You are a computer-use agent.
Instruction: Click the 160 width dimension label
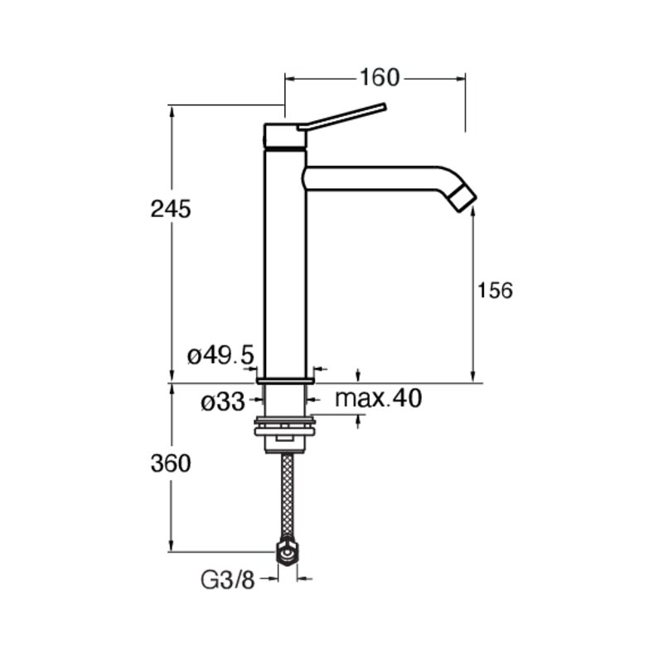[x=380, y=78]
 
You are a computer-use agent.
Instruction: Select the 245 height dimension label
[x=171, y=209]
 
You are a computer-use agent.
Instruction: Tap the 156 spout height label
[x=495, y=291]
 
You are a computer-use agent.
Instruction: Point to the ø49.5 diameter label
[x=220, y=356]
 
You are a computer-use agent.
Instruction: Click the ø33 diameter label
[x=223, y=402]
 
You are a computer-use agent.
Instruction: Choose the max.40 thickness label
[x=378, y=398]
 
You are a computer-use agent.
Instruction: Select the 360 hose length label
[x=171, y=463]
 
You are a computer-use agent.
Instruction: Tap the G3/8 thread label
[x=227, y=581]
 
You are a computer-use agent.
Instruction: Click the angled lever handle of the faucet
[x=342, y=116]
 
